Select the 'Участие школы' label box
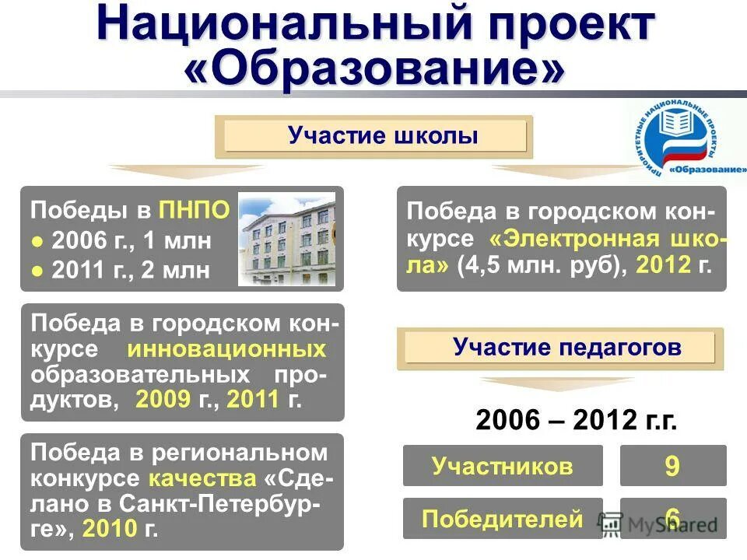point(374,137)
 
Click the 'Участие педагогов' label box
point(559,348)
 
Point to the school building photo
point(286,239)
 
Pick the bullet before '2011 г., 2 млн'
point(37,271)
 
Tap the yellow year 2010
point(108,530)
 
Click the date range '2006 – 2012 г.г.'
point(576,421)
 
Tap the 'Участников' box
point(503,466)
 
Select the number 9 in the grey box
point(672,466)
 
